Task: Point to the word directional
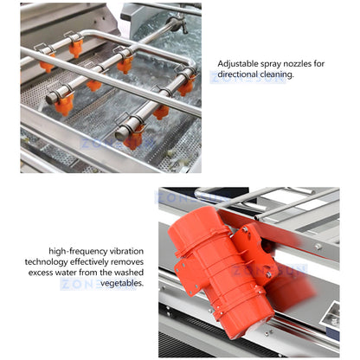(243, 75)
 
